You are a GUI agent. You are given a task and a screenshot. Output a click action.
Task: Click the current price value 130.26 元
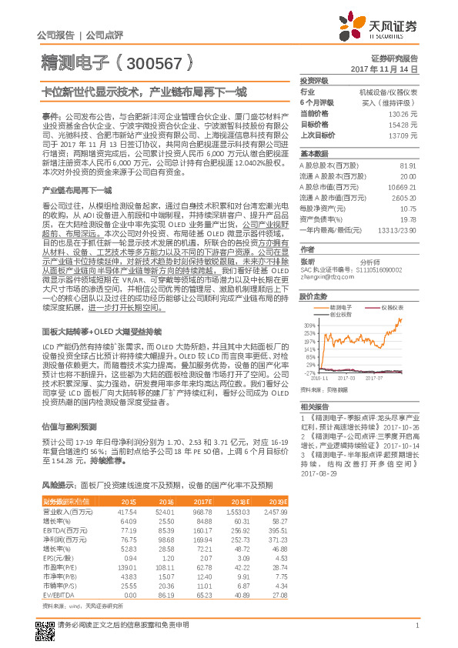point(403,113)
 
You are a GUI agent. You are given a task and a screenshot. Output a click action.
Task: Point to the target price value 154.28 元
point(403,123)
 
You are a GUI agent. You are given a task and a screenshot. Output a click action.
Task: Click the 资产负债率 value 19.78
point(408,219)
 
